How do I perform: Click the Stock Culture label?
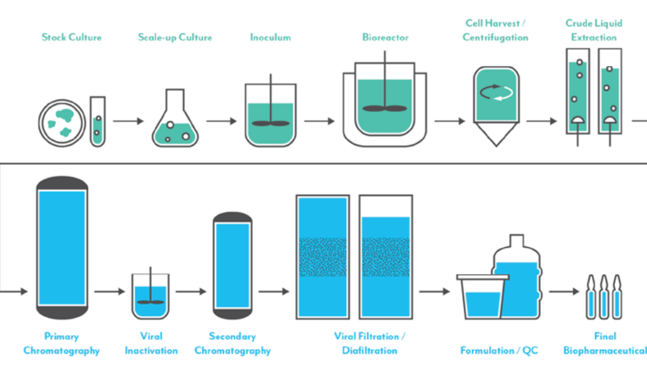(72, 37)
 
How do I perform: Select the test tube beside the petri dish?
(97, 121)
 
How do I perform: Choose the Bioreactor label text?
(385, 37)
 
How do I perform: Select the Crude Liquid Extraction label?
(593, 30)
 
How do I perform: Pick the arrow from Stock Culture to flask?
(128, 121)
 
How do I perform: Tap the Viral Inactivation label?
(151, 343)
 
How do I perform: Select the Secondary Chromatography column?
(232, 265)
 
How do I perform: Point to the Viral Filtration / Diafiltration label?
(369, 343)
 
